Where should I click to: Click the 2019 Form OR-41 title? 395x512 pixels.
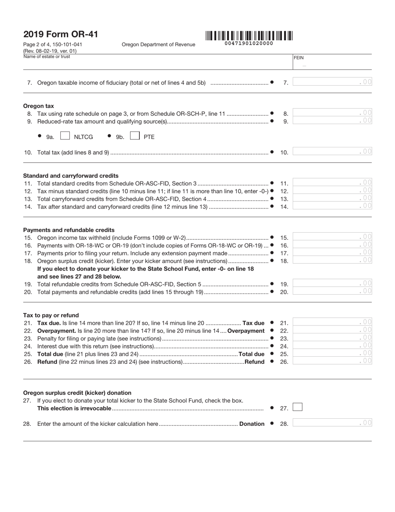pyautogui.click(x=61, y=35)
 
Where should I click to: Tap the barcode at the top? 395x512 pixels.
pyautogui.click(x=249, y=36)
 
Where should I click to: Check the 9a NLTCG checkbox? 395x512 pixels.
pyautogui.click(x=65, y=136)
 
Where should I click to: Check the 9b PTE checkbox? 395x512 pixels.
pyautogui.click(x=135, y=136)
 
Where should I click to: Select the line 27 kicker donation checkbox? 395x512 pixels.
pyautogui.click(x=297, y=407)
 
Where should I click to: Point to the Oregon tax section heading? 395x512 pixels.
pyautogui.click(x=38, y=106)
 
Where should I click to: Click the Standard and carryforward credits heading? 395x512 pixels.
pyautogui.click(x=71, y=176)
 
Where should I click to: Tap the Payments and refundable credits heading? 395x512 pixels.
pyautogui.click(x=69, y=230)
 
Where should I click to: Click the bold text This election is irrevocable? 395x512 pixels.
pyautogui.click(x=74, y=408)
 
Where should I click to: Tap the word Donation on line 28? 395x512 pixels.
pyautogui.click(x=252, y=424)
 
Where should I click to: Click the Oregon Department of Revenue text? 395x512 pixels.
pyautogui.click(x=158, y=45)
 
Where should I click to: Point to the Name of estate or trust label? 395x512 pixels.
pyautogui.click(x=47, y=57)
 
